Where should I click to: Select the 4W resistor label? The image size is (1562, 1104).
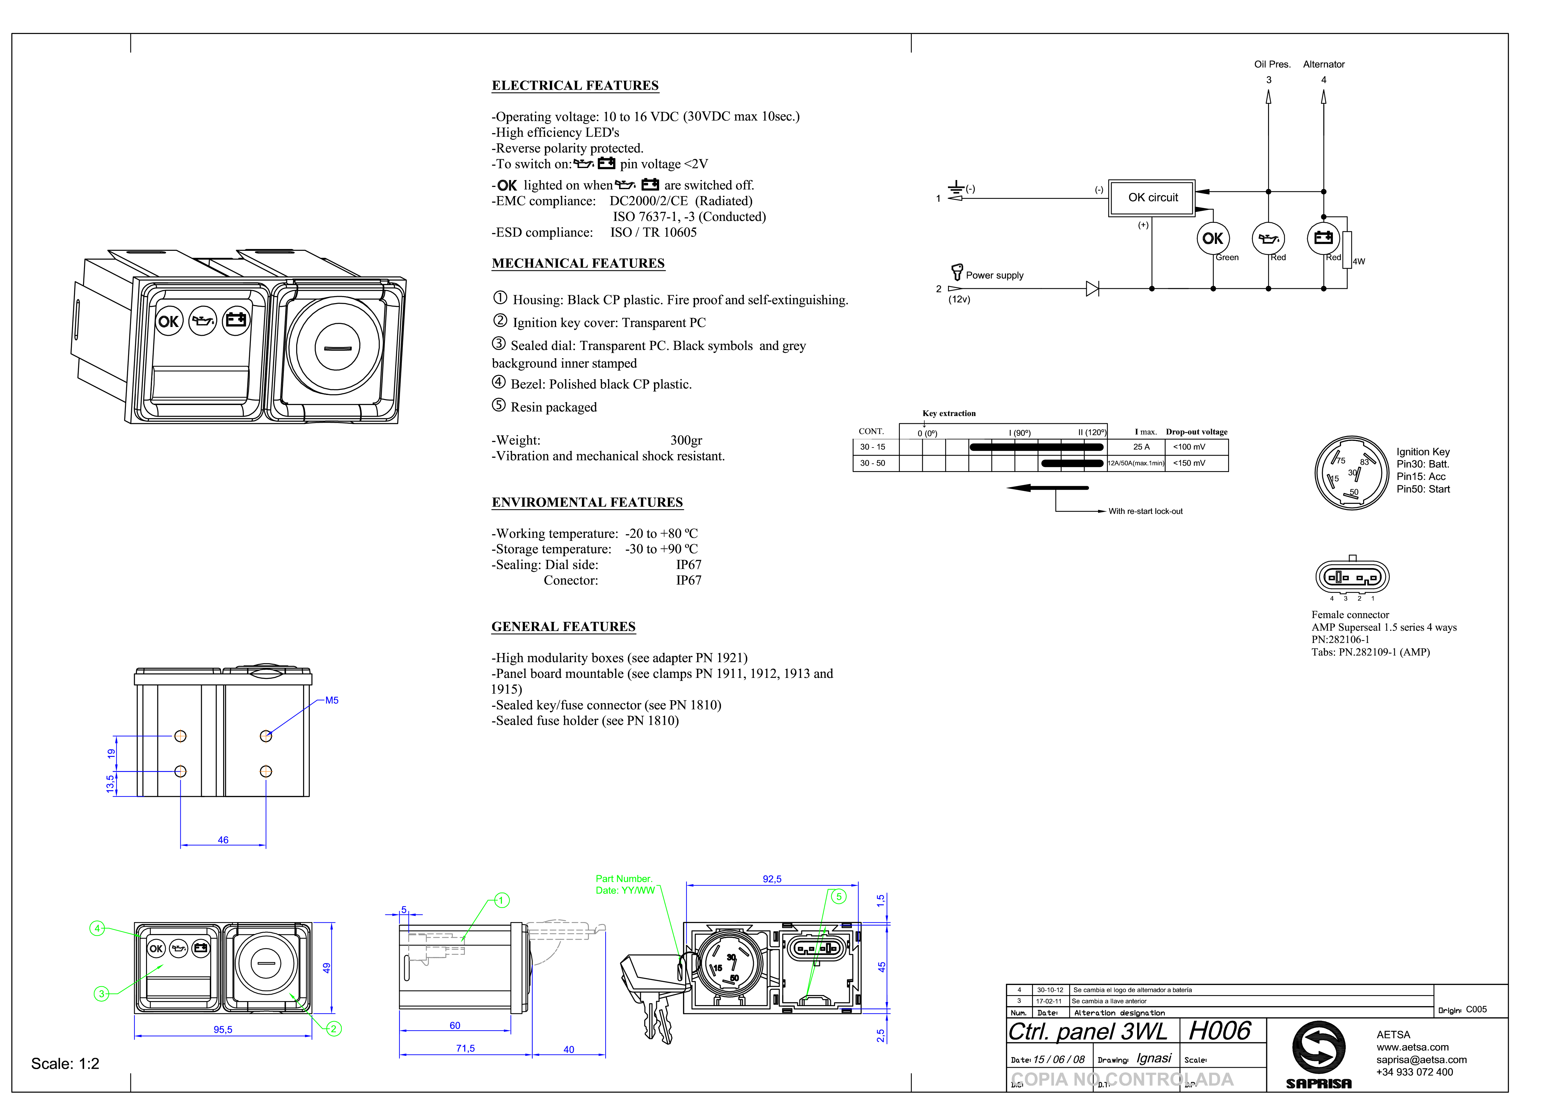pos(1359,261)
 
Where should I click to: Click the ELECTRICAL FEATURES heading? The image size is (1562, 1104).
pos(575,86)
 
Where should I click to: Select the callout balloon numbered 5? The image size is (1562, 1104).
pos(839,897)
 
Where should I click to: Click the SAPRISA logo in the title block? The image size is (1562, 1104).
pos(1318,1054)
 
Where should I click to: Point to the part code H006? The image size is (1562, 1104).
pos(1220,1031)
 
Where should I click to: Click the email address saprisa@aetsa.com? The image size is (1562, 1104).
pos(1421,1060)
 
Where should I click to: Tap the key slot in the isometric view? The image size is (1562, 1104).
pos(337,348)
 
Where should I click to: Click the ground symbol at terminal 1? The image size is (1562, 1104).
pos(956,188)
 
